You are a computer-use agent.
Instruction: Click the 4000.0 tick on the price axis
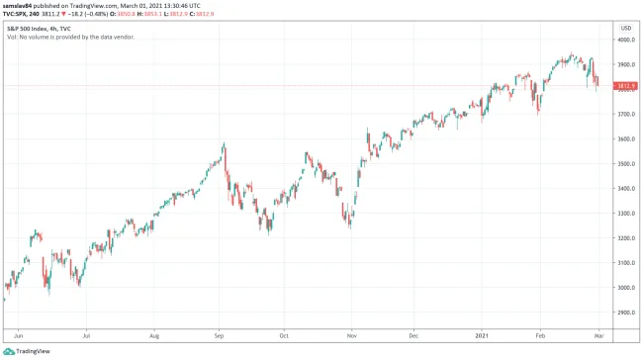[625, 41]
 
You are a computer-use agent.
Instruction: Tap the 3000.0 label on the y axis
[625, 288]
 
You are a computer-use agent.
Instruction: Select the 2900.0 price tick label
[625, 313]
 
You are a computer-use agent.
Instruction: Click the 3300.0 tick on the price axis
[625, 214]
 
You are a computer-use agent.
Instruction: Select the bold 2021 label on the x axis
[483, 335]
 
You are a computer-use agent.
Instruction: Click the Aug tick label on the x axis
[154, 335]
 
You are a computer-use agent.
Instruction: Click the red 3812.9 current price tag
[625, 86]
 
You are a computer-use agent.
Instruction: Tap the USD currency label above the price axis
[625, 28]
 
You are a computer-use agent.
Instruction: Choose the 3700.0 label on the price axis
[625, 115]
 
